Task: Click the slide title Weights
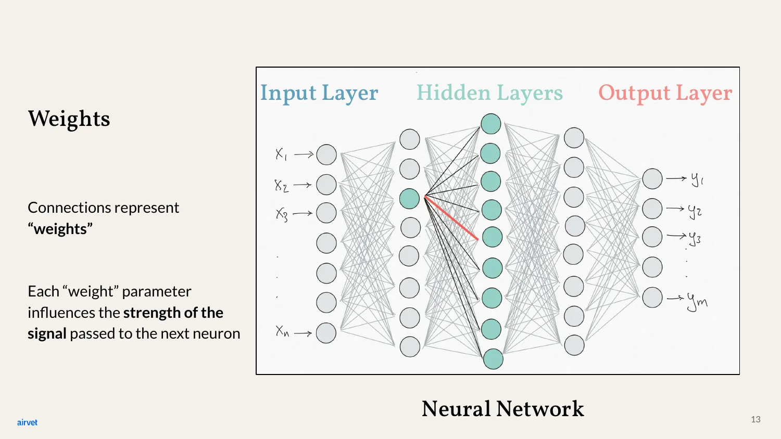[x=69, y=119]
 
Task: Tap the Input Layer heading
[x=319, y=94]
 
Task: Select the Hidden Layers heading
[x=489, y=93]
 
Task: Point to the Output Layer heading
[x=665, y=94]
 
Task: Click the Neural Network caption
[x=503, y=408]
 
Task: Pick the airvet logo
[x=27, y=422]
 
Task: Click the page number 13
[x=755, y=419]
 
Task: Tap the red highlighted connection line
[x=451, y=218]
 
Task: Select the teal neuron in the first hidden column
[x=409, y=199]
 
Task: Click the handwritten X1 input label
[x=281, y=153]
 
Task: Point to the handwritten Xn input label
[x=282, y=331]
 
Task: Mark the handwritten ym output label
[x=697, y=302]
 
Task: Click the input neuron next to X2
[x=326, y=185]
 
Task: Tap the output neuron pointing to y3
[x=652, y=237]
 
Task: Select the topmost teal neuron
[x=491, y=124]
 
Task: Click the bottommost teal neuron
[x=493, y=359]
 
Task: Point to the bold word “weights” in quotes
[x=60, y=229]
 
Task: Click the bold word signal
[x=47, y=334]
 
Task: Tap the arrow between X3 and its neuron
[x=303, y=213]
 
